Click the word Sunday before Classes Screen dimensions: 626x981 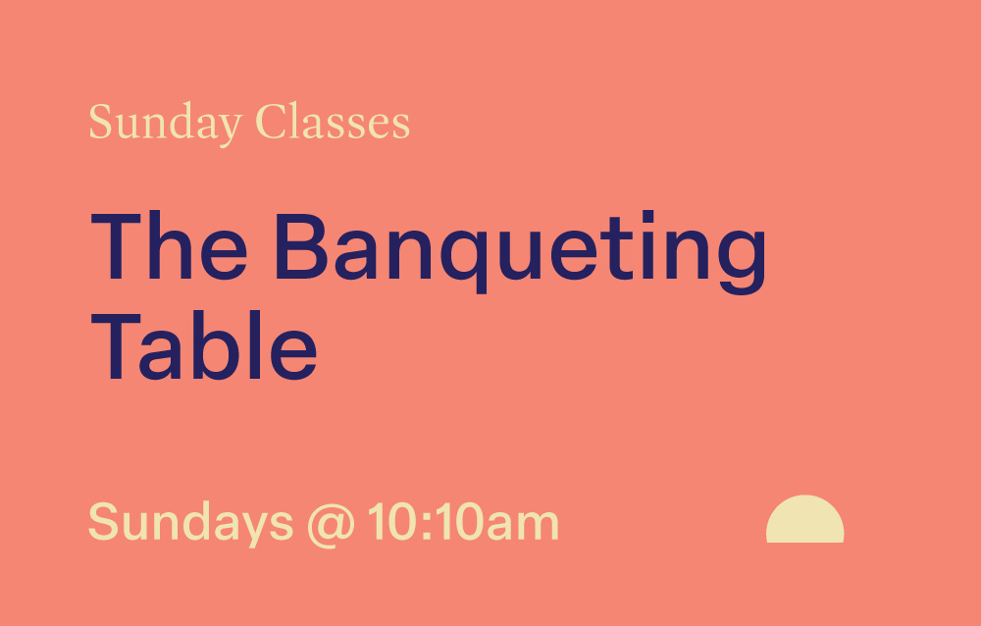(165, 124)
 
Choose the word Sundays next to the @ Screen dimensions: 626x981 (190, 522)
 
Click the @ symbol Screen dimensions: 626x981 (331, 523)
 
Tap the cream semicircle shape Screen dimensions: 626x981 (804, 521)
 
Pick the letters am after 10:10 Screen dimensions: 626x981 (525, 525)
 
